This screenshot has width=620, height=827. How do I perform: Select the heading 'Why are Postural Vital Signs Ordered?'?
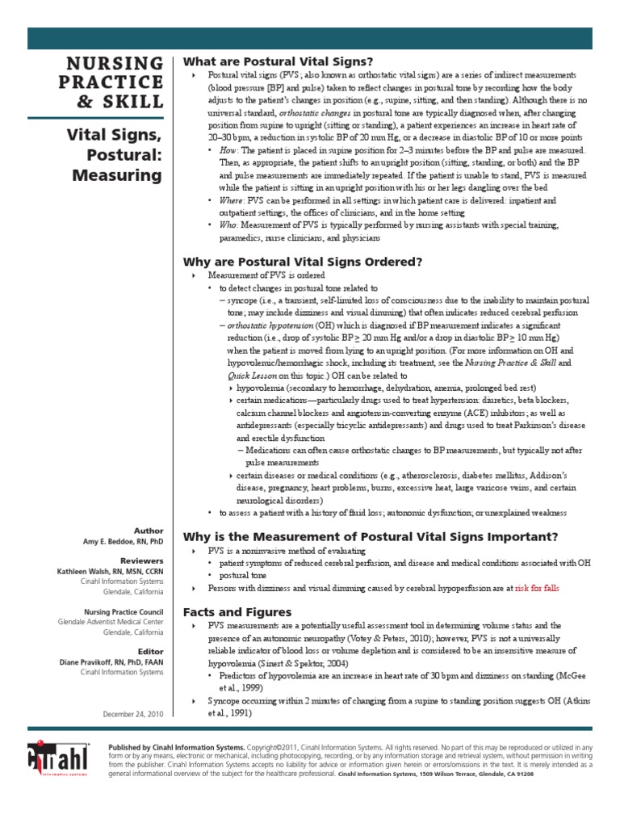click(x=304, y=262)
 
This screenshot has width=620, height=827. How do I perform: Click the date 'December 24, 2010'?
click(x=133, y=713)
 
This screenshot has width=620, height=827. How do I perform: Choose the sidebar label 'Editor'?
click(x=150, y=650)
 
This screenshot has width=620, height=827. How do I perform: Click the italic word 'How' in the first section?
click(x=228, y=151)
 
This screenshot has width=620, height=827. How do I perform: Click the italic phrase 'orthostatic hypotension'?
click(x=272, y=325)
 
